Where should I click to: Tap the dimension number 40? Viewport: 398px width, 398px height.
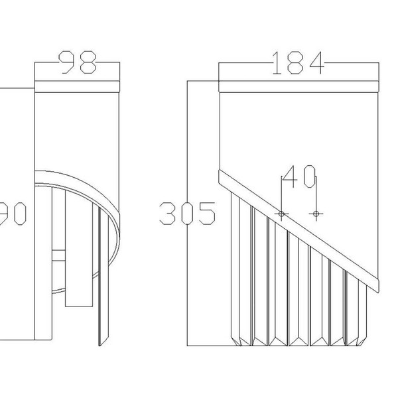click(298, 177)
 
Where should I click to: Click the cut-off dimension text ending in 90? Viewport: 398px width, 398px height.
click(13, 214)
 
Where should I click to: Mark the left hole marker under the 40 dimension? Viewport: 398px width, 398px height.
click(281, 214)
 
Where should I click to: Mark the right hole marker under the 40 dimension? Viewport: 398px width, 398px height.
click(316, 214)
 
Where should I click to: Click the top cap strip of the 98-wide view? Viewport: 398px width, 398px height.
click(77, 86)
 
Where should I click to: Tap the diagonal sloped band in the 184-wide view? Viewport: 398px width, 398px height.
click(298, 229)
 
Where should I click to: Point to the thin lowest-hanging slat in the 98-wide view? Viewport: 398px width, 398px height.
click(101, 279)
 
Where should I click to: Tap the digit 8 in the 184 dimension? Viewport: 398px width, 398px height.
click(298, 64)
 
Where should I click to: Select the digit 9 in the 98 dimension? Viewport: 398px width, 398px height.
click(69, 63)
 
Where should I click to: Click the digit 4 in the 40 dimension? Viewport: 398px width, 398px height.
click(291, 177)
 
